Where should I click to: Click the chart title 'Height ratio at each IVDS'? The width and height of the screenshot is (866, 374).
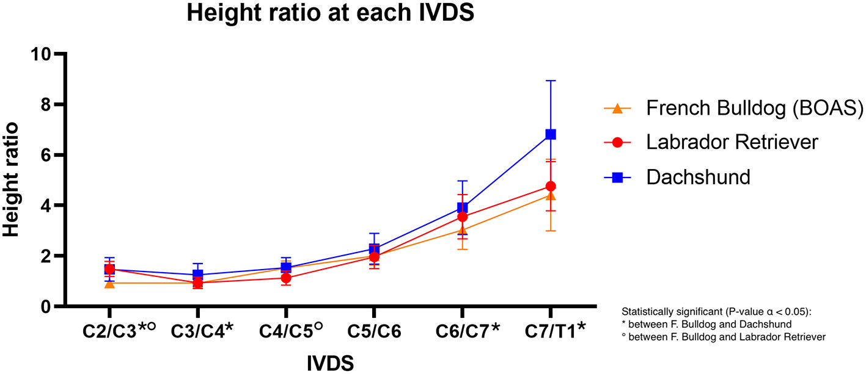(331, 13)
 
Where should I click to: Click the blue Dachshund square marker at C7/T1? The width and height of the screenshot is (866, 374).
(551, 134)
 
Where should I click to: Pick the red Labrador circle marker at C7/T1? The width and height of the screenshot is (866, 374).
(551, 186)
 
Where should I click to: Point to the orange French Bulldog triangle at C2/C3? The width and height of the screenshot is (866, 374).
(109, 283)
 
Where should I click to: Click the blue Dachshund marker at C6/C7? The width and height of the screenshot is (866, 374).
(463, 208)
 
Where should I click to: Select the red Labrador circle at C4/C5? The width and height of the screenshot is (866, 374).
(286, 278)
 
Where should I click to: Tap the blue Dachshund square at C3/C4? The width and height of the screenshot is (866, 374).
(198, 275)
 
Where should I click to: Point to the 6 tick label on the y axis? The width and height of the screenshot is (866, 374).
(43, 155)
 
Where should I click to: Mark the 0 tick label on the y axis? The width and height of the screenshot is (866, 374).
(43, 306)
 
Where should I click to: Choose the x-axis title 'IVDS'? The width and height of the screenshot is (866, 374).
(330, 363)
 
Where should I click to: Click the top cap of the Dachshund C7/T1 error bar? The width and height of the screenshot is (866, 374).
(551, 81)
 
